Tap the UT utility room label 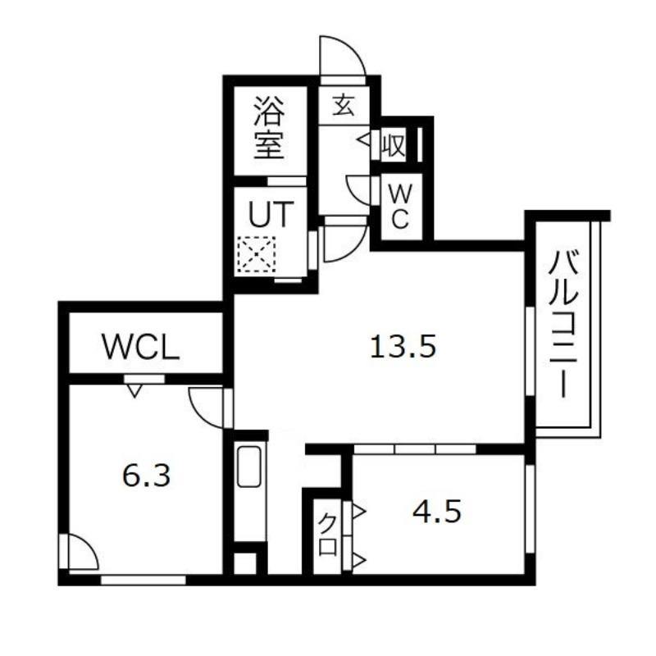click(270, 214)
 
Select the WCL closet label click(141, 347)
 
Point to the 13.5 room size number click(403, 347)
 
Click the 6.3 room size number click(146, 476)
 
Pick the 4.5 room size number click(437, 512)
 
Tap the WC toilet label click(399, 207)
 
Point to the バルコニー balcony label click(563, 323)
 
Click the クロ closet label click(328, 535)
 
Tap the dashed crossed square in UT click(257, 255)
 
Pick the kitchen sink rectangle click(249, 467)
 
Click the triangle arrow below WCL click(134, 391)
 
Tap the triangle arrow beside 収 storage click(363, 139)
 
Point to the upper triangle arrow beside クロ click(360, 511)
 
